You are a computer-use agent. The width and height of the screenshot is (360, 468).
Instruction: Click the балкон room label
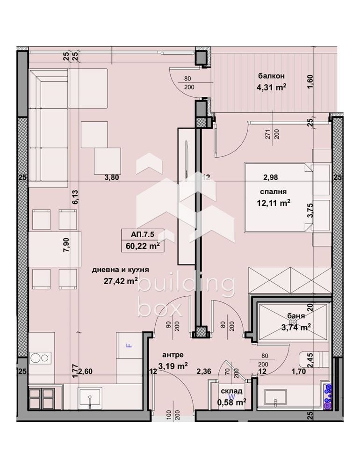point(272,76)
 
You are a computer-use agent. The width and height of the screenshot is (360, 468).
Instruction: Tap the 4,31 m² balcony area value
point(272,87)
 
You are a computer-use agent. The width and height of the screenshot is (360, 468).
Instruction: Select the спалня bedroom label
point(274,191)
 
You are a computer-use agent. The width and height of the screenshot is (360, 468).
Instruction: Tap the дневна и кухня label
point(120,270)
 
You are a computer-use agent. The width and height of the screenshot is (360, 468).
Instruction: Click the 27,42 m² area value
point(120,281)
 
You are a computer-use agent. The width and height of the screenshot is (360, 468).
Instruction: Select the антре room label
point(173,355)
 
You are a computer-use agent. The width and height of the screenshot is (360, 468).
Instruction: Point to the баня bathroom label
point(294,316)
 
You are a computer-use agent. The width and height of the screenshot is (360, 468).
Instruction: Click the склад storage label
point(231,391)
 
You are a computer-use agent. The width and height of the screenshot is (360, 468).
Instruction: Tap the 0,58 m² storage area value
point(231,402)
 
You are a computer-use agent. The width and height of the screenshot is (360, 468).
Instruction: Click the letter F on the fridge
point(130,345)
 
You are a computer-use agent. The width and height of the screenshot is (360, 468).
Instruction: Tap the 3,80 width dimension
point(111,177)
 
